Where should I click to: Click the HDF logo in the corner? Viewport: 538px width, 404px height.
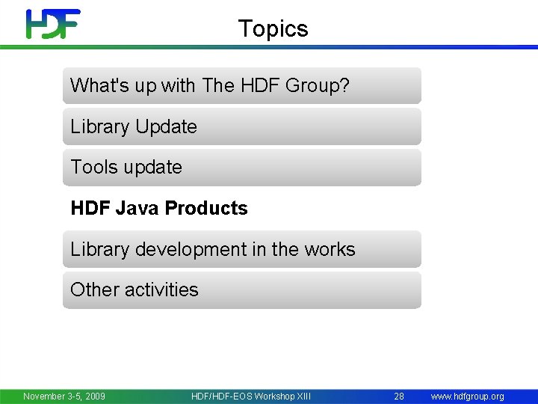53,24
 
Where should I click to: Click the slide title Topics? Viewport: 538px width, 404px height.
273,29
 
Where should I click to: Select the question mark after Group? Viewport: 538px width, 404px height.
344,86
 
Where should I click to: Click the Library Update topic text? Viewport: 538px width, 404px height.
134,127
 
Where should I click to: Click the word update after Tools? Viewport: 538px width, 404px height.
153,168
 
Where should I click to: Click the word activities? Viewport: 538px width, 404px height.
162,290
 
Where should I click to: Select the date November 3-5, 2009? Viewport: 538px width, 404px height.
64,396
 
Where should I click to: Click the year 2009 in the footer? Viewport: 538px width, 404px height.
94,396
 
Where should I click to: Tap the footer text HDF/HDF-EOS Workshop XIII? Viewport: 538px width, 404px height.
250,396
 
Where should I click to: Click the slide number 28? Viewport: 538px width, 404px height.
400,396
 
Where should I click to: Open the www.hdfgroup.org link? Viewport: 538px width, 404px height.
468,396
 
